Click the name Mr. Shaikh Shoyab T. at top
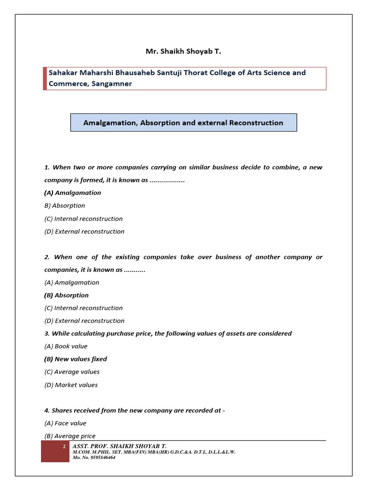(x=183, y=52)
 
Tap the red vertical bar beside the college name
(x=45, y=78)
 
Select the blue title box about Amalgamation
(x=183, y=122)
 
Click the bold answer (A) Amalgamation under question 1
(x=73, y=193)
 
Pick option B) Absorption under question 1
(x=65, y=206)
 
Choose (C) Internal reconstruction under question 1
(x=84, y=219)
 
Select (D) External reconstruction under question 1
(x=85, y=232)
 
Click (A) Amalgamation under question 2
(x=72, y=283)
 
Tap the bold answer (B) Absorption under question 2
(x=66, y=295)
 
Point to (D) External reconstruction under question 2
(x=85, y=321)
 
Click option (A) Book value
(x=66, y=346)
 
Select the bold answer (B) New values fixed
(x=76, y=359)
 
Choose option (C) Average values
(x=72, y=372)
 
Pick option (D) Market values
(x=71, y=385)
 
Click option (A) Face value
(x=65, y=423)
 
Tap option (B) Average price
(x=70, y=436)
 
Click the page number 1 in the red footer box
(x=64, y=446)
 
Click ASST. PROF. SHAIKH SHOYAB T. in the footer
(x=119, y=446)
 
